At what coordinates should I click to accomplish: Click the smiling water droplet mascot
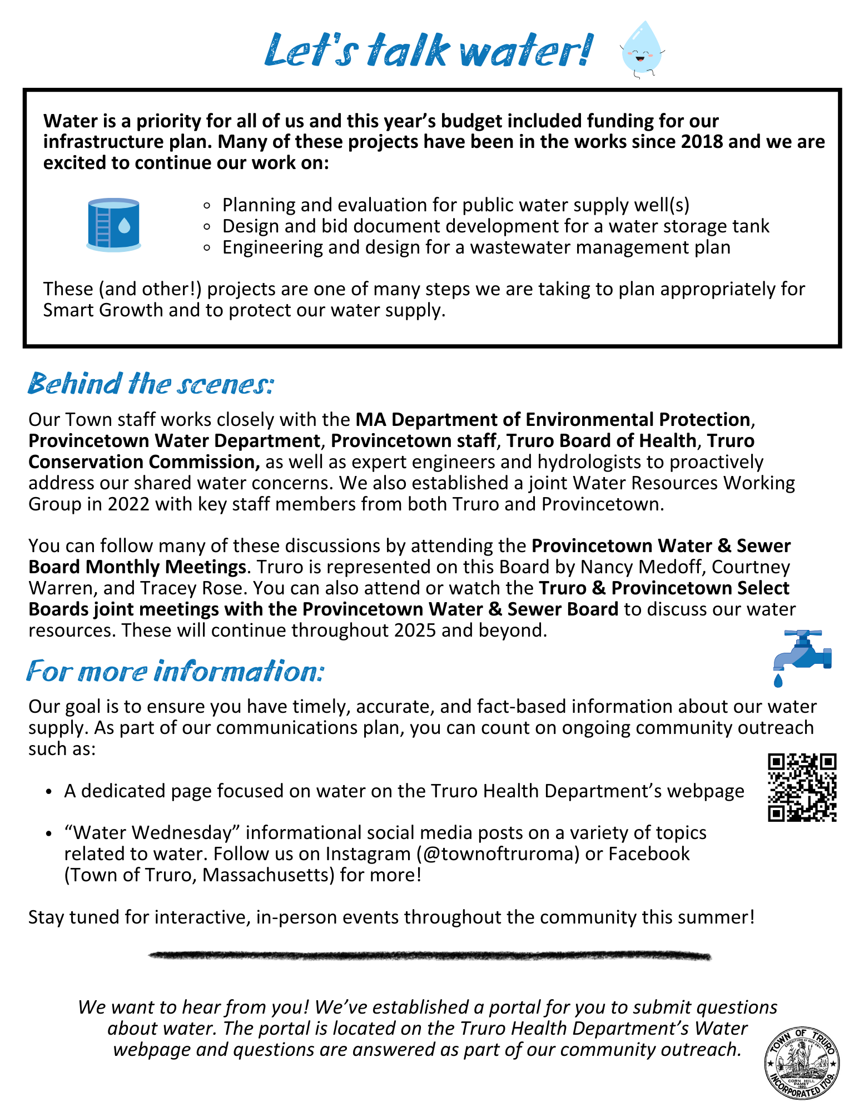[x=642, y=49]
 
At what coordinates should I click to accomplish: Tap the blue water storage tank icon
[x=113, y=225]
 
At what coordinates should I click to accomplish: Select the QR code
[x=802, y=787]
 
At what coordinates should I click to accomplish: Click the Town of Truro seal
[x=802, y=1063]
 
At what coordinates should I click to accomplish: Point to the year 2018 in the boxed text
[x=702, y=142]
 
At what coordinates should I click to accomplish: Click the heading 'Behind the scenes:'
[x=151, y=384]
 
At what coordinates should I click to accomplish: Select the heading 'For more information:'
[x=175, y=671]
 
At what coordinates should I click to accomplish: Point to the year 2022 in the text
[x=128, y=504]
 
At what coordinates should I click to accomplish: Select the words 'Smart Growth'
[x=103, y=310]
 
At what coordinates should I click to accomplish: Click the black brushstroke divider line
[x=429, y=956]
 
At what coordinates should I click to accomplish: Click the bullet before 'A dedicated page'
[x=49, y=791]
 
